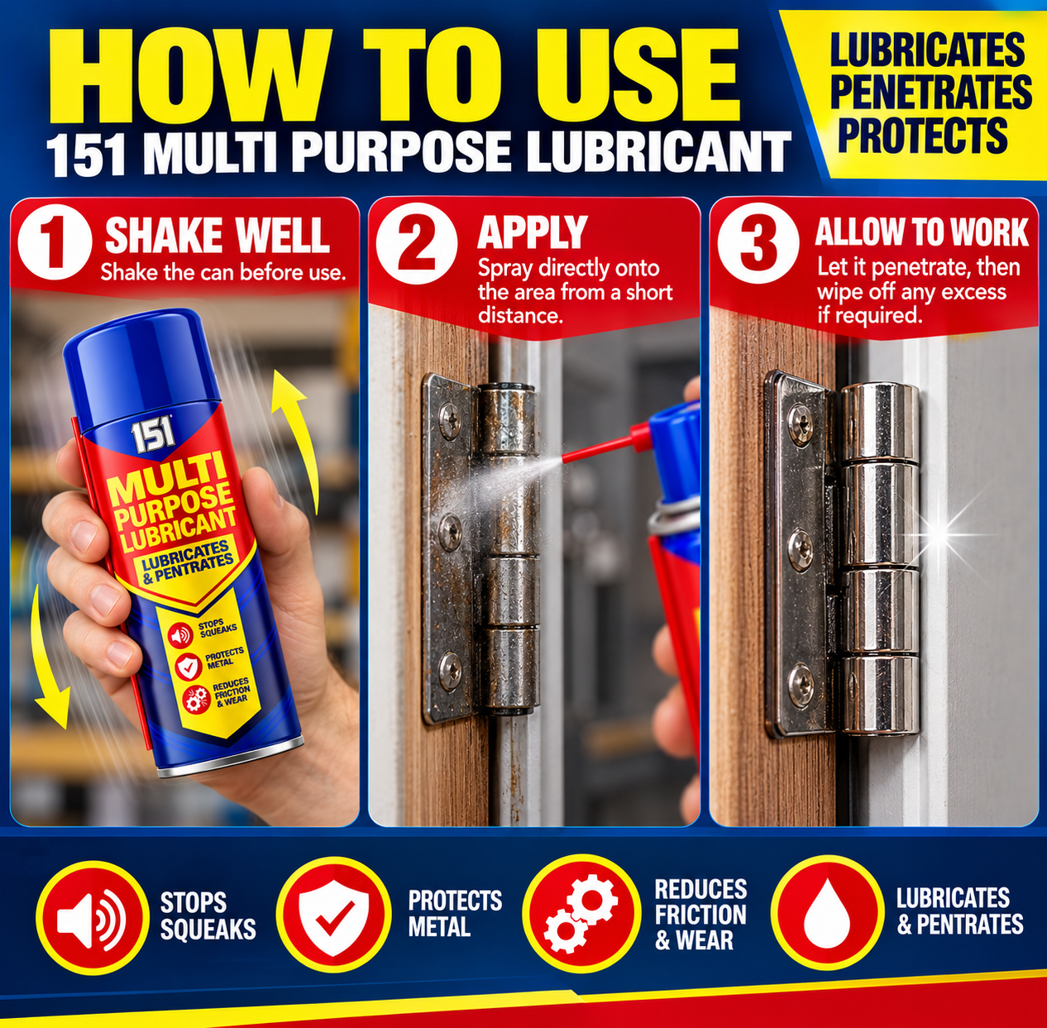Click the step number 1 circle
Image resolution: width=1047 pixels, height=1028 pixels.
pos(55,245)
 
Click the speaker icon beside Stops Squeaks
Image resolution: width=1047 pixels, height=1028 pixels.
pos(92,917)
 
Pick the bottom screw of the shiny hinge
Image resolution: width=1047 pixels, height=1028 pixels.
pos(801,679)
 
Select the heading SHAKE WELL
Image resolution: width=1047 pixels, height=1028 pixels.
pos(218,235)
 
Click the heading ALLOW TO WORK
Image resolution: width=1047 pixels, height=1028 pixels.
pos(922,232)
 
